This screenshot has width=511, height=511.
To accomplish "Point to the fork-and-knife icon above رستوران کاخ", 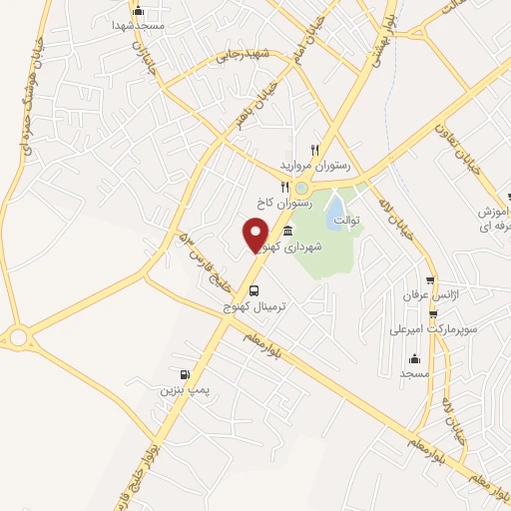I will point(283,186).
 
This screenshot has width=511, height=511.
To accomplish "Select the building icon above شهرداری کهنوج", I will point(287,232).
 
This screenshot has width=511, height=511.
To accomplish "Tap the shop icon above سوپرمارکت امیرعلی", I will point(432,311).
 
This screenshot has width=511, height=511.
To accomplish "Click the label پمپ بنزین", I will point(183,390).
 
